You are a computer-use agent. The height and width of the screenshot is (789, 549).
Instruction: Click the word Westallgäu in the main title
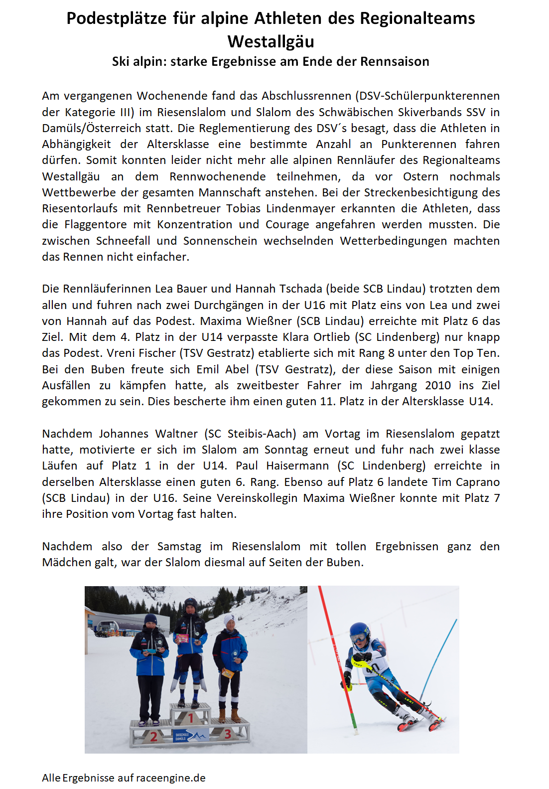271,41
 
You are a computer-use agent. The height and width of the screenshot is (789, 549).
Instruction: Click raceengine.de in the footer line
171,778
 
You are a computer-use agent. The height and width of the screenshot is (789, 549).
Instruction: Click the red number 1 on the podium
190,718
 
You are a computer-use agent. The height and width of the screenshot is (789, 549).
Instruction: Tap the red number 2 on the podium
154,736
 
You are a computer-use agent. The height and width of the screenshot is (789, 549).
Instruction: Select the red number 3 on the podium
228,733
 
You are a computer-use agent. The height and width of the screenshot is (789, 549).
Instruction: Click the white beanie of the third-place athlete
229,620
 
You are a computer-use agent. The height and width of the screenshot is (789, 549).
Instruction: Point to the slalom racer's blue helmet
359,631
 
